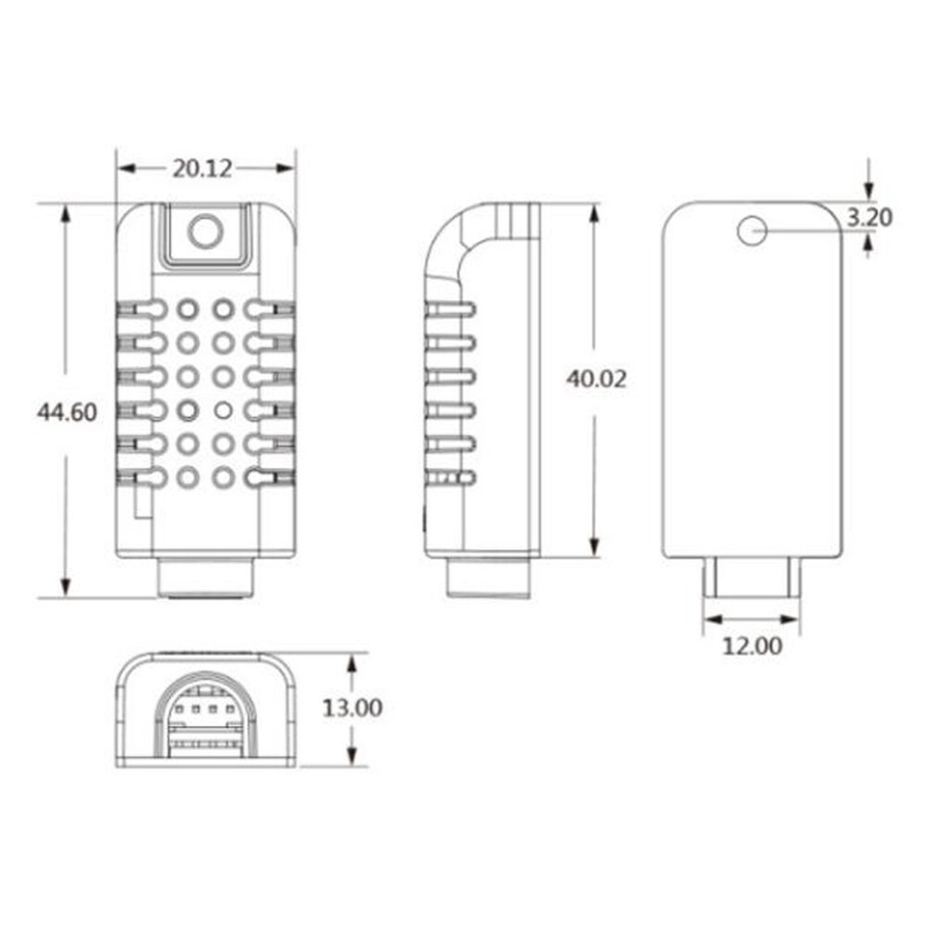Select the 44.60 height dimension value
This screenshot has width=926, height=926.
[67, 412]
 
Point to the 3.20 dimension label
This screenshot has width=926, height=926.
[870, 218]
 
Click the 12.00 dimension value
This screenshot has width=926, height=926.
[751, 645]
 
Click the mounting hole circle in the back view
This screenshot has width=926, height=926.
[752, 231]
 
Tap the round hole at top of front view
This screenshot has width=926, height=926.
[205, 231]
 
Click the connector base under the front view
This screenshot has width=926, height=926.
[205, 578]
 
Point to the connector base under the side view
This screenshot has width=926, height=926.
[490, 579]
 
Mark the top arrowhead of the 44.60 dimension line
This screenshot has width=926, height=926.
[65, 213]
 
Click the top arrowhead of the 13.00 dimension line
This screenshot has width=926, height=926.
[352, 663]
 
